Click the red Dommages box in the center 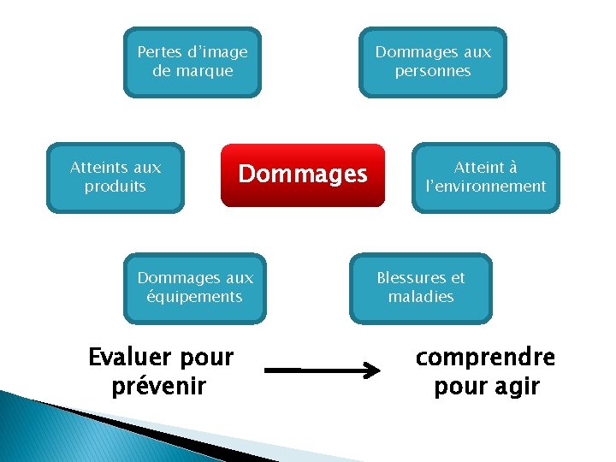[303, 175]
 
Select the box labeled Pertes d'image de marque [192, 62]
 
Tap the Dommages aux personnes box [433, 62]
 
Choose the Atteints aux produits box [115, 177]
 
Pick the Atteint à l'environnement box [486, 177]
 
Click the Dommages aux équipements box [195, 287]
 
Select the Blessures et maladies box [421, 287]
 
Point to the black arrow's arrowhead [374, 371]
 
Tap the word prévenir [159, 386]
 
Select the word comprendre [485, 357]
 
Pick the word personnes [433, 71]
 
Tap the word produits [115, 187]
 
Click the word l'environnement [486, 187]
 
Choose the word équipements [195, 297]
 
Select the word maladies [421, 297]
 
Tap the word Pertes [158, 52]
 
